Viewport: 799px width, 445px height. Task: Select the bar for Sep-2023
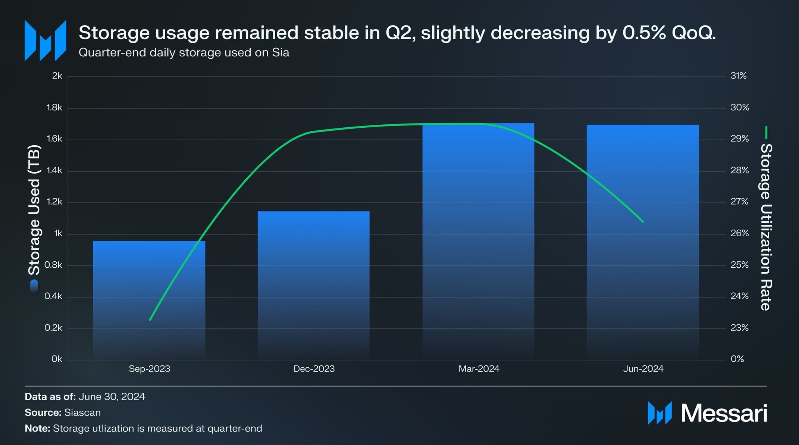(x=149, y=301)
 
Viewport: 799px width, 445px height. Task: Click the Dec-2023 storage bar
(x=314, y=286)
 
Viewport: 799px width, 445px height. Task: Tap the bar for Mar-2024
(x=478, y=242)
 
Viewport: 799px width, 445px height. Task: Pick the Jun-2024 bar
(x=643, y=242)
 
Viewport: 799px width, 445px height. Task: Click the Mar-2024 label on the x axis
(x=479, y=369)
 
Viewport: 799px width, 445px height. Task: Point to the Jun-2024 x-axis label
(x=643, y=369)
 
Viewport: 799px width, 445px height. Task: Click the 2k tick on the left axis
(x=57, y=76)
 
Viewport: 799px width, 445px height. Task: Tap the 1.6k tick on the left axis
(x=54, y=139)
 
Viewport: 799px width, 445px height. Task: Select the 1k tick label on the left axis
(x=58, y=233)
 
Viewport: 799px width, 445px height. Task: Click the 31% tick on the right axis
(x=739, y=76)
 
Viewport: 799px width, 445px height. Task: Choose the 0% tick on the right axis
(x=737, y=359)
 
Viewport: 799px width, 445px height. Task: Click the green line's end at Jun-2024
(x=643, y=222)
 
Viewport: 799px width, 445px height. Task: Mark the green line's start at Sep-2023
(x=150, y=320)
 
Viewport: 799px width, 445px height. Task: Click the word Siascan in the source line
(x=82, y=413)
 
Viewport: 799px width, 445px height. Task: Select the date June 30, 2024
(x=112, y=396)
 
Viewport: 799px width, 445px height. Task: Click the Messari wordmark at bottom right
(x=724, y=413)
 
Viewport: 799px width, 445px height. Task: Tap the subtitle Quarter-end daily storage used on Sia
(x=184, y=53)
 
